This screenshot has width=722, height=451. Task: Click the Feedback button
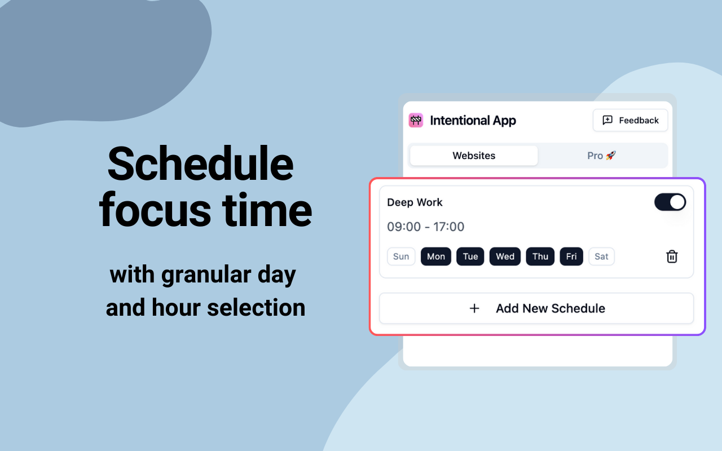point(630,120)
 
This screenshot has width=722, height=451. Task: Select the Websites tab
point(473,156)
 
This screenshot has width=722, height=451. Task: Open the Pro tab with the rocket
point(601,156)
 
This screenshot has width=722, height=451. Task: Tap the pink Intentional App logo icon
point(416,121)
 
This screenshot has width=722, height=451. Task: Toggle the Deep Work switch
point(670,202)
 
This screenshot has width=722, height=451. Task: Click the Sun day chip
point(401,257)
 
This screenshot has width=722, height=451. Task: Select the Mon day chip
point(436,257)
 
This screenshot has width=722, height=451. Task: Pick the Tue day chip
point(470,257)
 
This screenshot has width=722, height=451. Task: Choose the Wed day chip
point(505,257)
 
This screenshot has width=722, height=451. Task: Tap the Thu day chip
point(540,257)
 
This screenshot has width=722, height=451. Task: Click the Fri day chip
point(571,257)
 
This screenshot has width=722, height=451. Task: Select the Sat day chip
point(601,257)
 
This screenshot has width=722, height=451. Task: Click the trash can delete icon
point(672,257)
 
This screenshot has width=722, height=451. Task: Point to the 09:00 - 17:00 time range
point(425,227)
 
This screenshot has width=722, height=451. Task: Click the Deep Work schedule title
point(415,202)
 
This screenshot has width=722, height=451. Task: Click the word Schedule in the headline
point(200,163)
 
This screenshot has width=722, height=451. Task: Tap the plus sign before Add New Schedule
point(474,308)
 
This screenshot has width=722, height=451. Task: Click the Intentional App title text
point(473,121)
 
